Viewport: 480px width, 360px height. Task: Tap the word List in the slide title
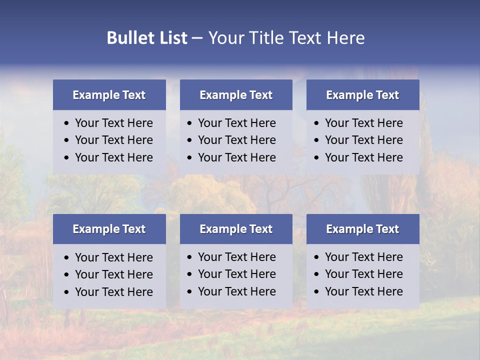171,38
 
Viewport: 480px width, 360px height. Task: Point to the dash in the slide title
197,38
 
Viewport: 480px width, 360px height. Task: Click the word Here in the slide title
345,38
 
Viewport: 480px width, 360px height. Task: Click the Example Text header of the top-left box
109,95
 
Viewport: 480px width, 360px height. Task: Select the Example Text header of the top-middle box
236,95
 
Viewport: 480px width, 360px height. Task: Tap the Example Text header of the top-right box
362,95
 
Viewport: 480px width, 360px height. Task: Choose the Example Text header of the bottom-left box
109,229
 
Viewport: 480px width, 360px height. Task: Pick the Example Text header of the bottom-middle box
236,229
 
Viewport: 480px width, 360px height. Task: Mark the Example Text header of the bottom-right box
362,229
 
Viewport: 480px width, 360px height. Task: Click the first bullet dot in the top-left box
67,123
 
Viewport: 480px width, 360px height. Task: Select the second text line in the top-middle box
236,140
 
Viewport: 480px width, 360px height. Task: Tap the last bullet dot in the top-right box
317,158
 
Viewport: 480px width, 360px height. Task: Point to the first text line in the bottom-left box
113,257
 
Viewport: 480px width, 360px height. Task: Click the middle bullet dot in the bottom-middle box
190,274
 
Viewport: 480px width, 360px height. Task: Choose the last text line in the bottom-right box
363,291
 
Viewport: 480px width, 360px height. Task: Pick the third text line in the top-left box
113,157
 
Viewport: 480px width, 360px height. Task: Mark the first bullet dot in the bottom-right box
317,257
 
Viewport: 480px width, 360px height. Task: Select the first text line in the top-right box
363,123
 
